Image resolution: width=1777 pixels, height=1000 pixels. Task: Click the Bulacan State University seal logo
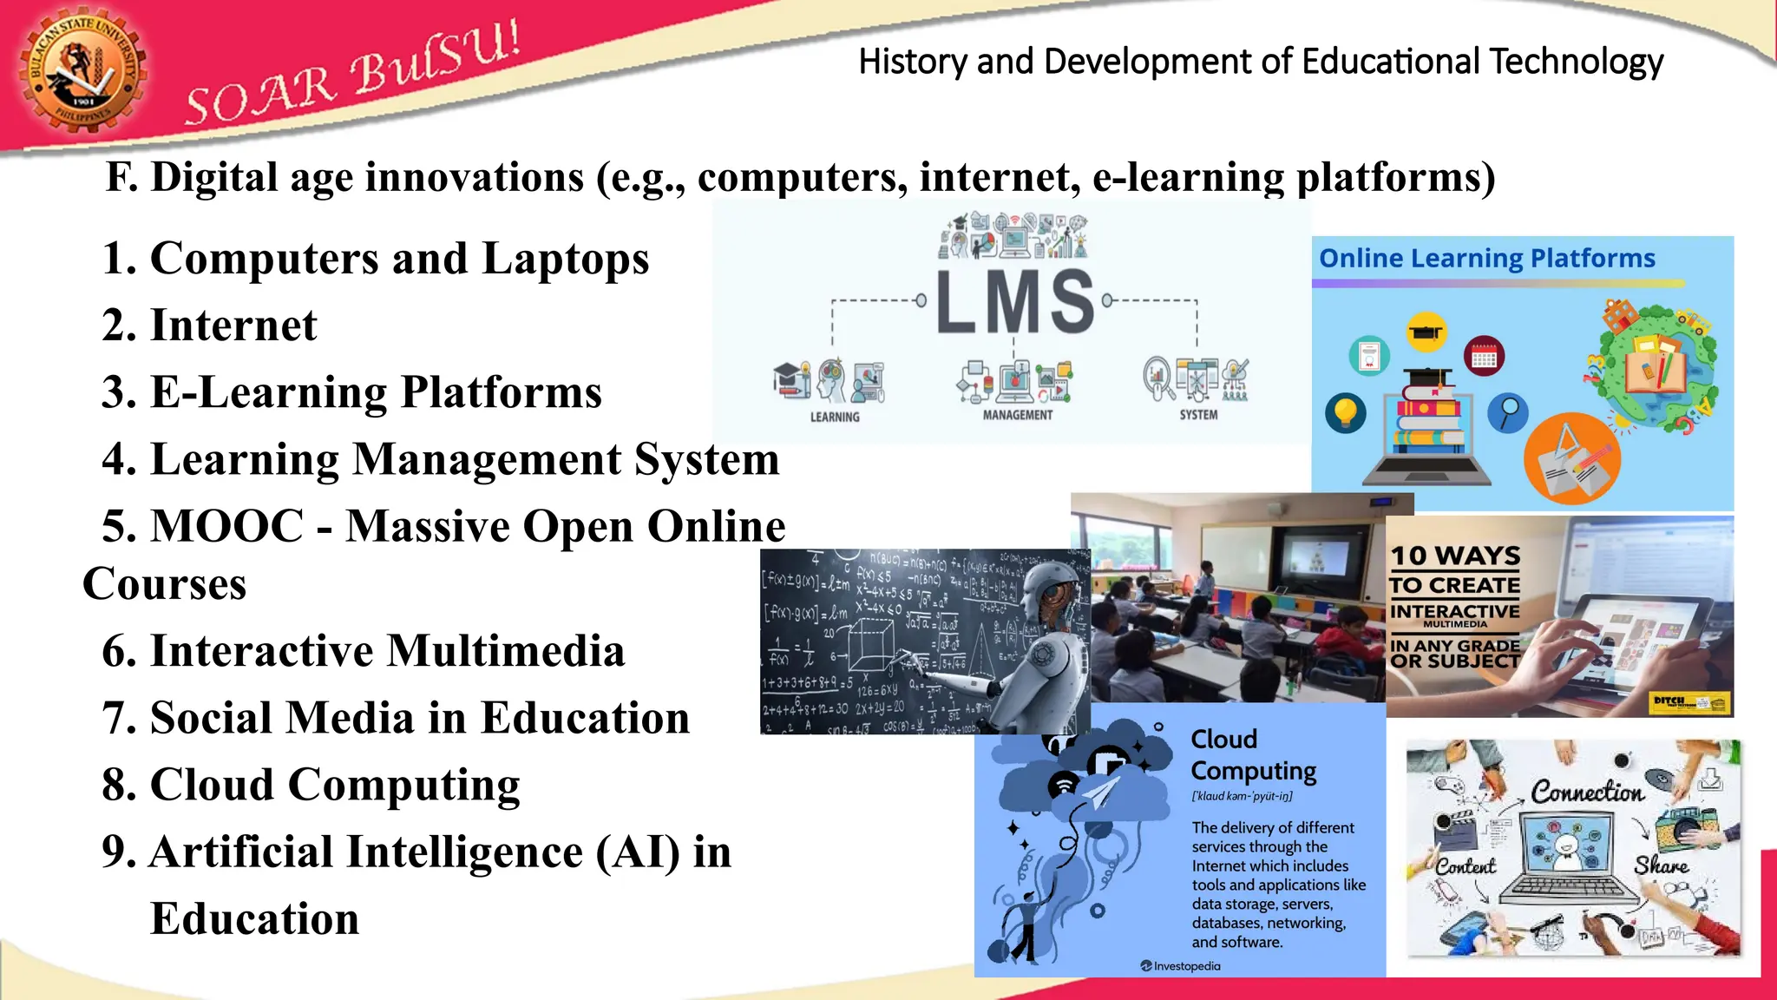(82, 72)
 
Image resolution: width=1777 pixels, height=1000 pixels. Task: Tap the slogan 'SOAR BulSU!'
(351, 75)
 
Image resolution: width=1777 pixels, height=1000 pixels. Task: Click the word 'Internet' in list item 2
(233, 326)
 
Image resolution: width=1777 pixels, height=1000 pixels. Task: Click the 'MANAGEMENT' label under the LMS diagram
(1017, 415)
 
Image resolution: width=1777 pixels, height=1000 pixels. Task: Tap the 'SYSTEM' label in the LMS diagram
(1198, 415)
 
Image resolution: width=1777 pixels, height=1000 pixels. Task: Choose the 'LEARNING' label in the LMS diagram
(835, 417)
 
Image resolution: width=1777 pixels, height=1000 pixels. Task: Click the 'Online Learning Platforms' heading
(1486, 259)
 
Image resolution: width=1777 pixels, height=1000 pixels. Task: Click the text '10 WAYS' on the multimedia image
(1455, 556)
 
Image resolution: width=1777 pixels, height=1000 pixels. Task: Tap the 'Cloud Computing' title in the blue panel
(1252, 754)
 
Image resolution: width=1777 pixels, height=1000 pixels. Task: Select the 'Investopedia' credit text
(1186, 966)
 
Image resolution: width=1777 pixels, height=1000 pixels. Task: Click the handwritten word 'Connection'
(1586, 792)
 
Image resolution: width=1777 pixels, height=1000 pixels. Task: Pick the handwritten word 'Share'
(1661, 865)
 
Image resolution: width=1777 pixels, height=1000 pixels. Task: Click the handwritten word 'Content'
(1465, 866)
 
